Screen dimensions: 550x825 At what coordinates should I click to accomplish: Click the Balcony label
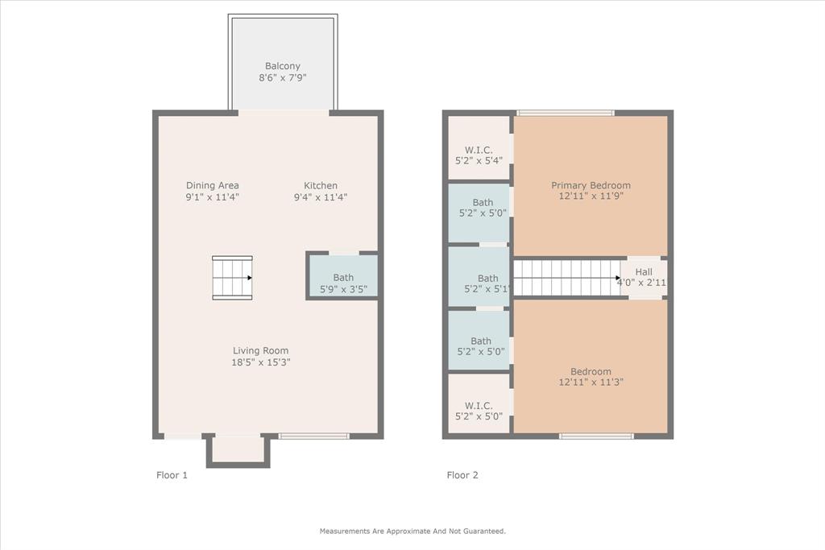[x=283, y=66]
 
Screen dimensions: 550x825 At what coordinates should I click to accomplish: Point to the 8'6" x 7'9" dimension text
[x=283, y=78]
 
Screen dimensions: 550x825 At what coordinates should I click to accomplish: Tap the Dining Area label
[x=213, y=185]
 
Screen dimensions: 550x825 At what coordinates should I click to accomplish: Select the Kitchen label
[x=321, y=185]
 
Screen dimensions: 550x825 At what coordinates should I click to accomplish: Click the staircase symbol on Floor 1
[x=232, y=278]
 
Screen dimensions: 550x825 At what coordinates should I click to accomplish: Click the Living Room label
[x=260, y=350]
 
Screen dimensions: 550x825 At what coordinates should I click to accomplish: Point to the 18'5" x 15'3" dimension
[x=260, y=362]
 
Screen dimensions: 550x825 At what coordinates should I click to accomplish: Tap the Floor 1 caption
[x=172, y=475]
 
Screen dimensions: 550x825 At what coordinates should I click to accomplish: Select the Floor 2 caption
[x=462, y=475]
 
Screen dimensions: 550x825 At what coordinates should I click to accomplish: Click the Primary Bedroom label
[x=591, y=185]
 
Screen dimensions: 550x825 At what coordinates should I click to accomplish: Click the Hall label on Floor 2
[x=644, y=272]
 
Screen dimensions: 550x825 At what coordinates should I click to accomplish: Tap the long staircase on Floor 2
[x=567, y=278]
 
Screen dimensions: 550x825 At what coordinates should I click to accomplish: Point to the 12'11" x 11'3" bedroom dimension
[x=591, y=383]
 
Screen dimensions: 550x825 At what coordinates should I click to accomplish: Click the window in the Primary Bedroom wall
[x=566, y=113]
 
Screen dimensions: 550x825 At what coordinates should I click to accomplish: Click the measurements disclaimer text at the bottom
[x=412, y=531]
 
